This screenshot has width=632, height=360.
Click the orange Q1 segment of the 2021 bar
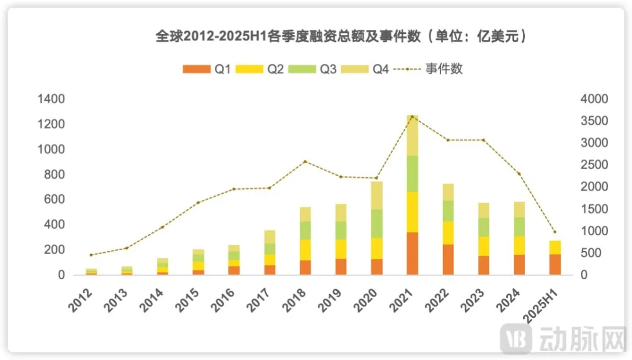click(x=413, y=253)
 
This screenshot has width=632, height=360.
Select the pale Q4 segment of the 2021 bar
click(x=413, y=135)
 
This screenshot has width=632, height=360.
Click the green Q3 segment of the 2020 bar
click(x=376, y=223)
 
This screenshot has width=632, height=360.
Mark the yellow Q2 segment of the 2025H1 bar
click(x=555, y=247)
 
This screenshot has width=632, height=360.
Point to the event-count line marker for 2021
click(x=413, y=116)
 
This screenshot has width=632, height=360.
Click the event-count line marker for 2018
click(x=305, y=162)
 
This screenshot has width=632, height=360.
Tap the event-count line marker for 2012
click(x=91, y=255)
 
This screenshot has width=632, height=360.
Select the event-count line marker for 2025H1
click(x=555, y=232)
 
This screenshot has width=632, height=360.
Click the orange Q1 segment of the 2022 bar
click(x=448, y=259)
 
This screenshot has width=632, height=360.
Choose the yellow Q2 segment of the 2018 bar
click(x=305, y=249)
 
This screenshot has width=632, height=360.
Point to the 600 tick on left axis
click(x=53, y=200)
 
